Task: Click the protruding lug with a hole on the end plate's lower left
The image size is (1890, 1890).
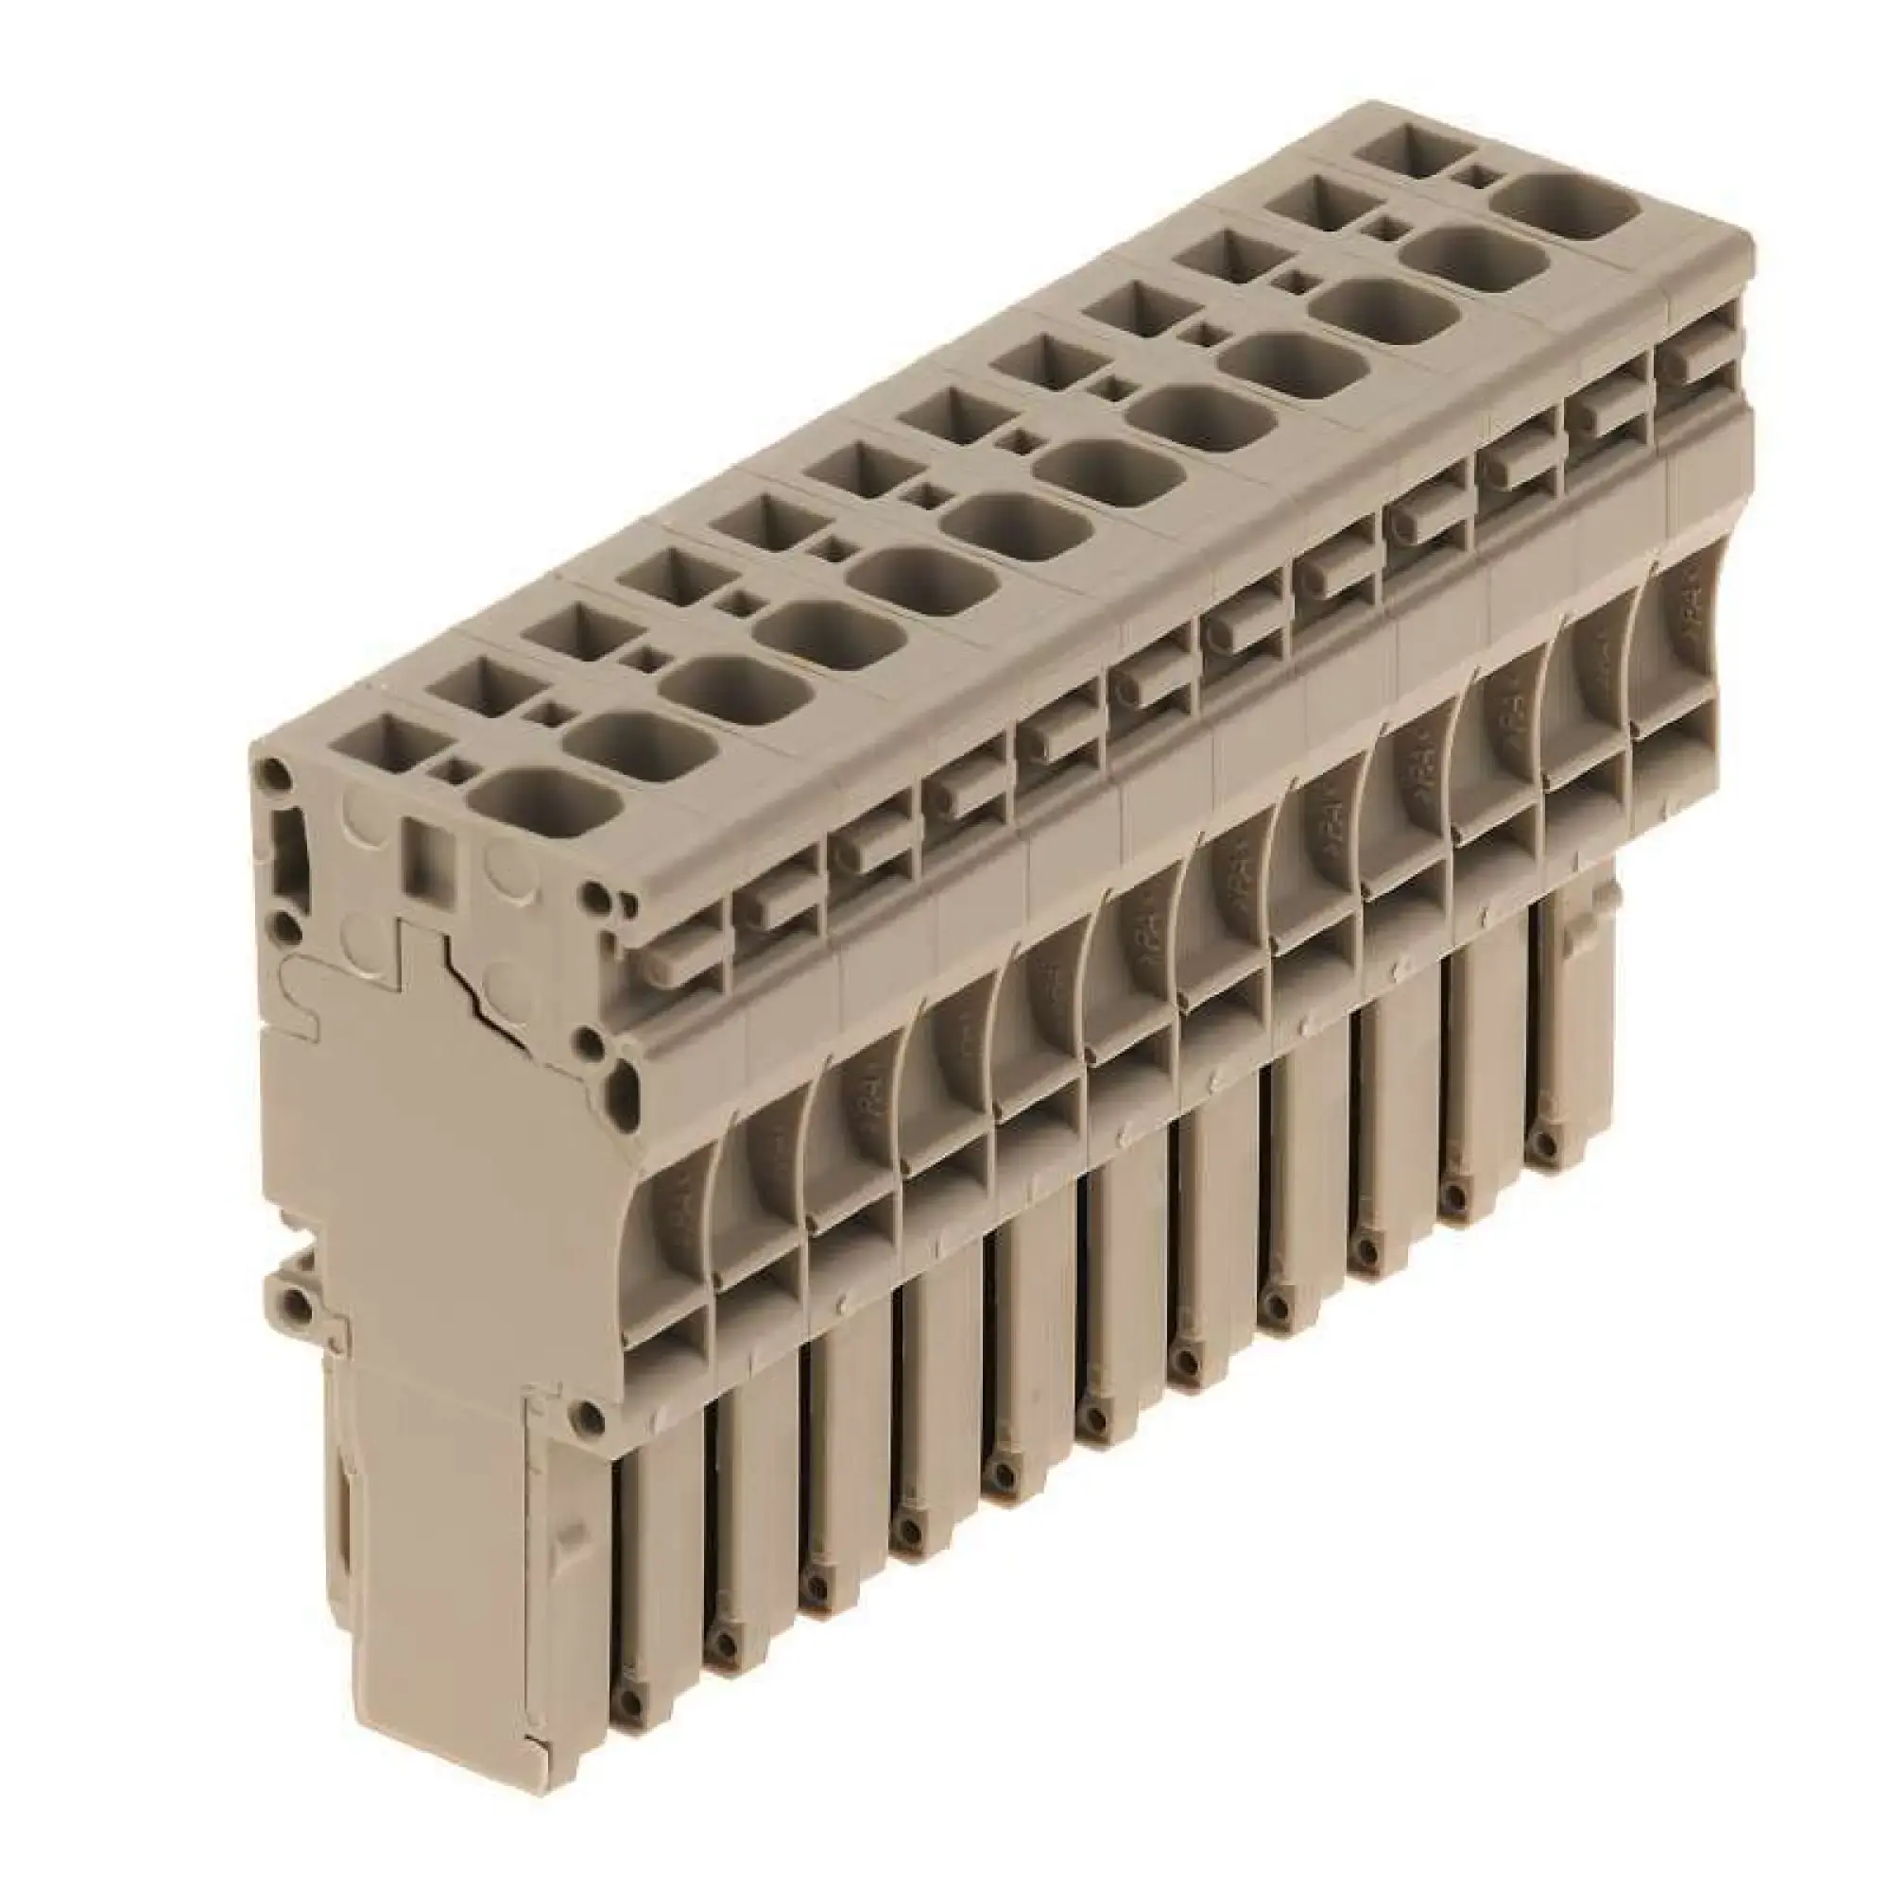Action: click(x=290, y=1300)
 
